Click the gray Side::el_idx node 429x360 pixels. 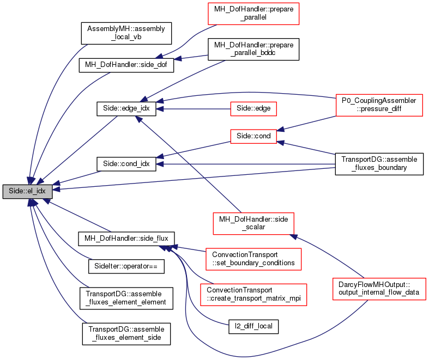pos(27,192)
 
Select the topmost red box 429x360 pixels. pos(253,14)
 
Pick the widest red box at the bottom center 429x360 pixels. pos(253,295)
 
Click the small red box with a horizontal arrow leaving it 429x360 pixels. pos(253,109)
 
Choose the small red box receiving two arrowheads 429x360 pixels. pos(253,137)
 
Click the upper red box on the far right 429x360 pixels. pos(379,105)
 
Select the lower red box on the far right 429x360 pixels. pos(379,289)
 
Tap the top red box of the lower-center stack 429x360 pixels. pos(253,224)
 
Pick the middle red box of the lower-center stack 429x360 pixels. pos(253,259)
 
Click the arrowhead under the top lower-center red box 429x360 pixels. pos(293,236)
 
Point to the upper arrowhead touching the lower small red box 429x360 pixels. pos(281,130)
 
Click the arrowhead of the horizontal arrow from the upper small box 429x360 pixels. pos(160,109)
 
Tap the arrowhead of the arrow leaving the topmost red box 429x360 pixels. pos(159,56)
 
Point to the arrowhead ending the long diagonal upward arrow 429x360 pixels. pos(138,119)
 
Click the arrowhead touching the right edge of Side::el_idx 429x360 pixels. pos(56,189)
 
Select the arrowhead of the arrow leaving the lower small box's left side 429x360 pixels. pos(159,157)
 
